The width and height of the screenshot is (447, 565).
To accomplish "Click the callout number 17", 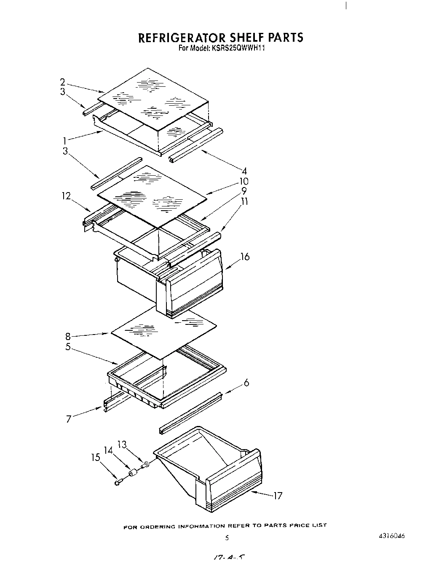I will (277, 496).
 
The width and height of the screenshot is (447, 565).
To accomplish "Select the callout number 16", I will (245, 256).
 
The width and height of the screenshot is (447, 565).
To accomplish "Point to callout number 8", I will (67, 336).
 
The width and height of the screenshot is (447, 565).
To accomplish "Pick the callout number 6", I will (246, 383).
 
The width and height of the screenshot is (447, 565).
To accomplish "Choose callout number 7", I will (69, 419).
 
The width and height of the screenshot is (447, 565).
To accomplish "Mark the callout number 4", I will (244, 171).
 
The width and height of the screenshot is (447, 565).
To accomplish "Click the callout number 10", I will (244, 182).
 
